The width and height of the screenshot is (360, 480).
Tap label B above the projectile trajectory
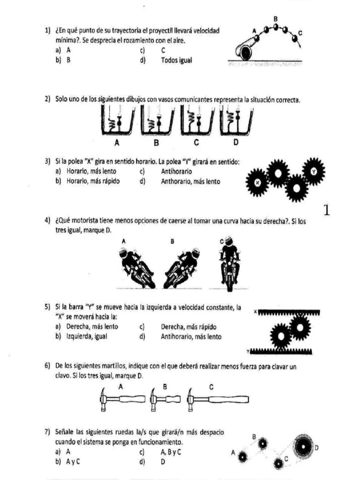tap(276, 19)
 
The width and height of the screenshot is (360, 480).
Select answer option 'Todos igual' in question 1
tap(176, 60)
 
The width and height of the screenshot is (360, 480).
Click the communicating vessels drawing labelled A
tap(117, 123)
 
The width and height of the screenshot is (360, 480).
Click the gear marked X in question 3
tap(257, 182)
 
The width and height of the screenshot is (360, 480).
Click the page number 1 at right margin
tap(327, 210)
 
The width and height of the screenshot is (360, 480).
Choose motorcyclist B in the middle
tap(182, 268)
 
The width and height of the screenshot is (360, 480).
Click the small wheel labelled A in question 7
tap(242, 455)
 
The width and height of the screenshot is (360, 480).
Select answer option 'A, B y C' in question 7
tap(171, 452)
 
